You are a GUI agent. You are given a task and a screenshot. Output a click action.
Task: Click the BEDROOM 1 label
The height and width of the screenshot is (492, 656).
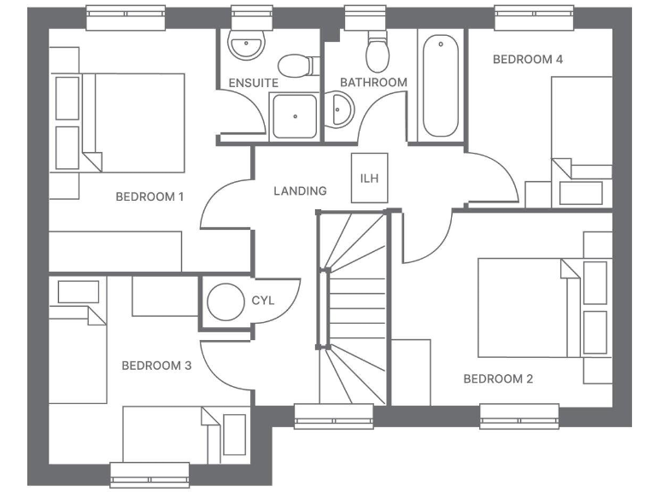coord(149,196)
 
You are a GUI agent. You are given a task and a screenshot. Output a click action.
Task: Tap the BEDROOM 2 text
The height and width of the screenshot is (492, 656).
coord(498,378)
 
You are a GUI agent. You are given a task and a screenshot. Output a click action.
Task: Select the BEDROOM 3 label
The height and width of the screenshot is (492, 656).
coord(156,366)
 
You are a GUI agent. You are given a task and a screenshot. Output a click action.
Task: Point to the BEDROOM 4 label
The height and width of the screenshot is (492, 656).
coord(528,60)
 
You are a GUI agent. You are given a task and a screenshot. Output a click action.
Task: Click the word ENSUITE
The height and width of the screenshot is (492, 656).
coord(253,83)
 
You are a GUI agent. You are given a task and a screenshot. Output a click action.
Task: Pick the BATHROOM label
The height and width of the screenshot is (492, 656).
coord(373,83)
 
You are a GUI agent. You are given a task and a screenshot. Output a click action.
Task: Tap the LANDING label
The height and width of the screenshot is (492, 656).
coord(300,190)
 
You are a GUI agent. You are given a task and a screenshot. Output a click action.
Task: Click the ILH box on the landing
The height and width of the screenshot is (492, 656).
coord(370,178)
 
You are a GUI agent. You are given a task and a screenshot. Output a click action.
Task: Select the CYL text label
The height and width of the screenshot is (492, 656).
coord(262,302)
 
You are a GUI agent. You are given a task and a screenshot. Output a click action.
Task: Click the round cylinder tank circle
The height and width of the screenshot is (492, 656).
coord(225,302)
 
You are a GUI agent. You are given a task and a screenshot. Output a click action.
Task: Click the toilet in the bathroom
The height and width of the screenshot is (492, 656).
coord(376,53)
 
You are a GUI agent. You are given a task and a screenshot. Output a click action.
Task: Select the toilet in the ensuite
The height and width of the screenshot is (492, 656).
coord(295,65)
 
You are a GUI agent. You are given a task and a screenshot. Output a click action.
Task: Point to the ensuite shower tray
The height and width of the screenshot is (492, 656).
coord(294,116)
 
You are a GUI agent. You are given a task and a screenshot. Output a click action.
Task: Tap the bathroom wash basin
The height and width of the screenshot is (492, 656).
coord(343,110)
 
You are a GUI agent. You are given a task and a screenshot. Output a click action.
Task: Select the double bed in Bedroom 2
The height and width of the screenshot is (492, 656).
coord(523,307)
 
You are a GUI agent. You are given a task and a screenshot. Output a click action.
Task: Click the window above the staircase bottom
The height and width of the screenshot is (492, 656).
coord(334,416)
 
